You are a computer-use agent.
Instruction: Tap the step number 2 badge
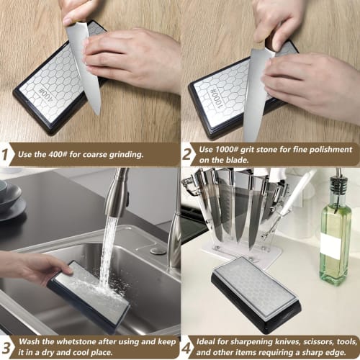click(x=189, y=153)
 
